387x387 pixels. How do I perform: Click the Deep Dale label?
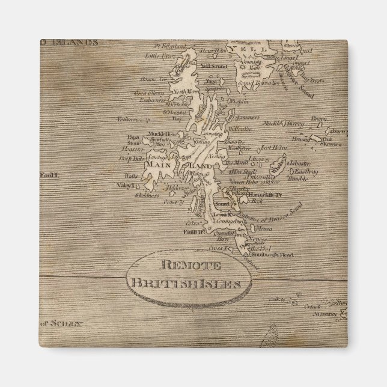[x=131, y=159]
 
